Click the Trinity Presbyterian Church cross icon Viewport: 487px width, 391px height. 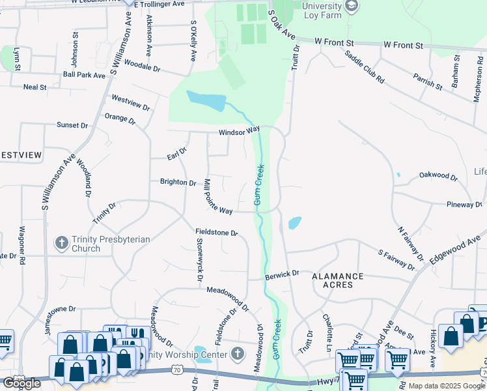tap(62, 244)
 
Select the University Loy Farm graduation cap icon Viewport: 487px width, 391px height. tap(352, 7)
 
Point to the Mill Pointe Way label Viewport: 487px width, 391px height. tap(217, 196)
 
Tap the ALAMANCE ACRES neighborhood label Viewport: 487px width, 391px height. tap(337, 281)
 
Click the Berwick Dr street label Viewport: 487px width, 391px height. tap(282, 275)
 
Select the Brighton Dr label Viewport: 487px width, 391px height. tap(178, 182)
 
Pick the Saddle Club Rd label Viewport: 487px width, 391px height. tap(365, 66)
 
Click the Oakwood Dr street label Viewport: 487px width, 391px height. tap(438, 175)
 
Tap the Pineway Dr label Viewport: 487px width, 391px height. tap(464, 205)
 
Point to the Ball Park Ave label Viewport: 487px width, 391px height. tap(85, 76)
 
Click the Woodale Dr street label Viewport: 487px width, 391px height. tap(142, 67)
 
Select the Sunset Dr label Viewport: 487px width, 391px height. tap(72, 124)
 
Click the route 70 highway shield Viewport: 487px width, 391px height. tap(177, 369)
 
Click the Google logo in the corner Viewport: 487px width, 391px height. tap(21, 383)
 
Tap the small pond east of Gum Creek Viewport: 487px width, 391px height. tap(294, 223)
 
